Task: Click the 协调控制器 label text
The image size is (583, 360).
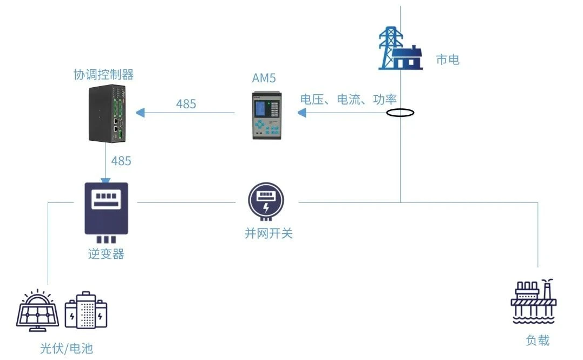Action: point(103,74)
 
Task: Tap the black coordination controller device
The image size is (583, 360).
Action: point(107,114)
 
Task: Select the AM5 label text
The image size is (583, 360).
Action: point(264,78)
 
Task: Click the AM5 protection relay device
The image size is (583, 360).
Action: point(266,115)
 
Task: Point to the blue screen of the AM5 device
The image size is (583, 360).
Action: point(261,108)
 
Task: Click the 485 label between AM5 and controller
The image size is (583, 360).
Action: point(186,104)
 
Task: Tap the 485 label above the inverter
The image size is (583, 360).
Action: point(121,161)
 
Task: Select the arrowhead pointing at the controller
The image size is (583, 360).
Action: point(140,112)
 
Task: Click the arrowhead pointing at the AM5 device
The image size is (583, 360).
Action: point(302,112)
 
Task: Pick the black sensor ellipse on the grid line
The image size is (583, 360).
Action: point(400,112)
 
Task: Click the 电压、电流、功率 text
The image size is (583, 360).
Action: point(349,99)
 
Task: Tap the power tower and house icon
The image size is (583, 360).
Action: point(400,48)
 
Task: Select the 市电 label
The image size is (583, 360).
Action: point(448,60)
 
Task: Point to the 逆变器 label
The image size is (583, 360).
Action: point(106,254)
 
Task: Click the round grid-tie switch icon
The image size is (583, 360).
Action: point(266,201)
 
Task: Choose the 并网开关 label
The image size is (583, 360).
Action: point(268,233)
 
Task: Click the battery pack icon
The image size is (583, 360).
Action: point(86,310)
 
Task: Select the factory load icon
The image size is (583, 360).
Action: point(534,301)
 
